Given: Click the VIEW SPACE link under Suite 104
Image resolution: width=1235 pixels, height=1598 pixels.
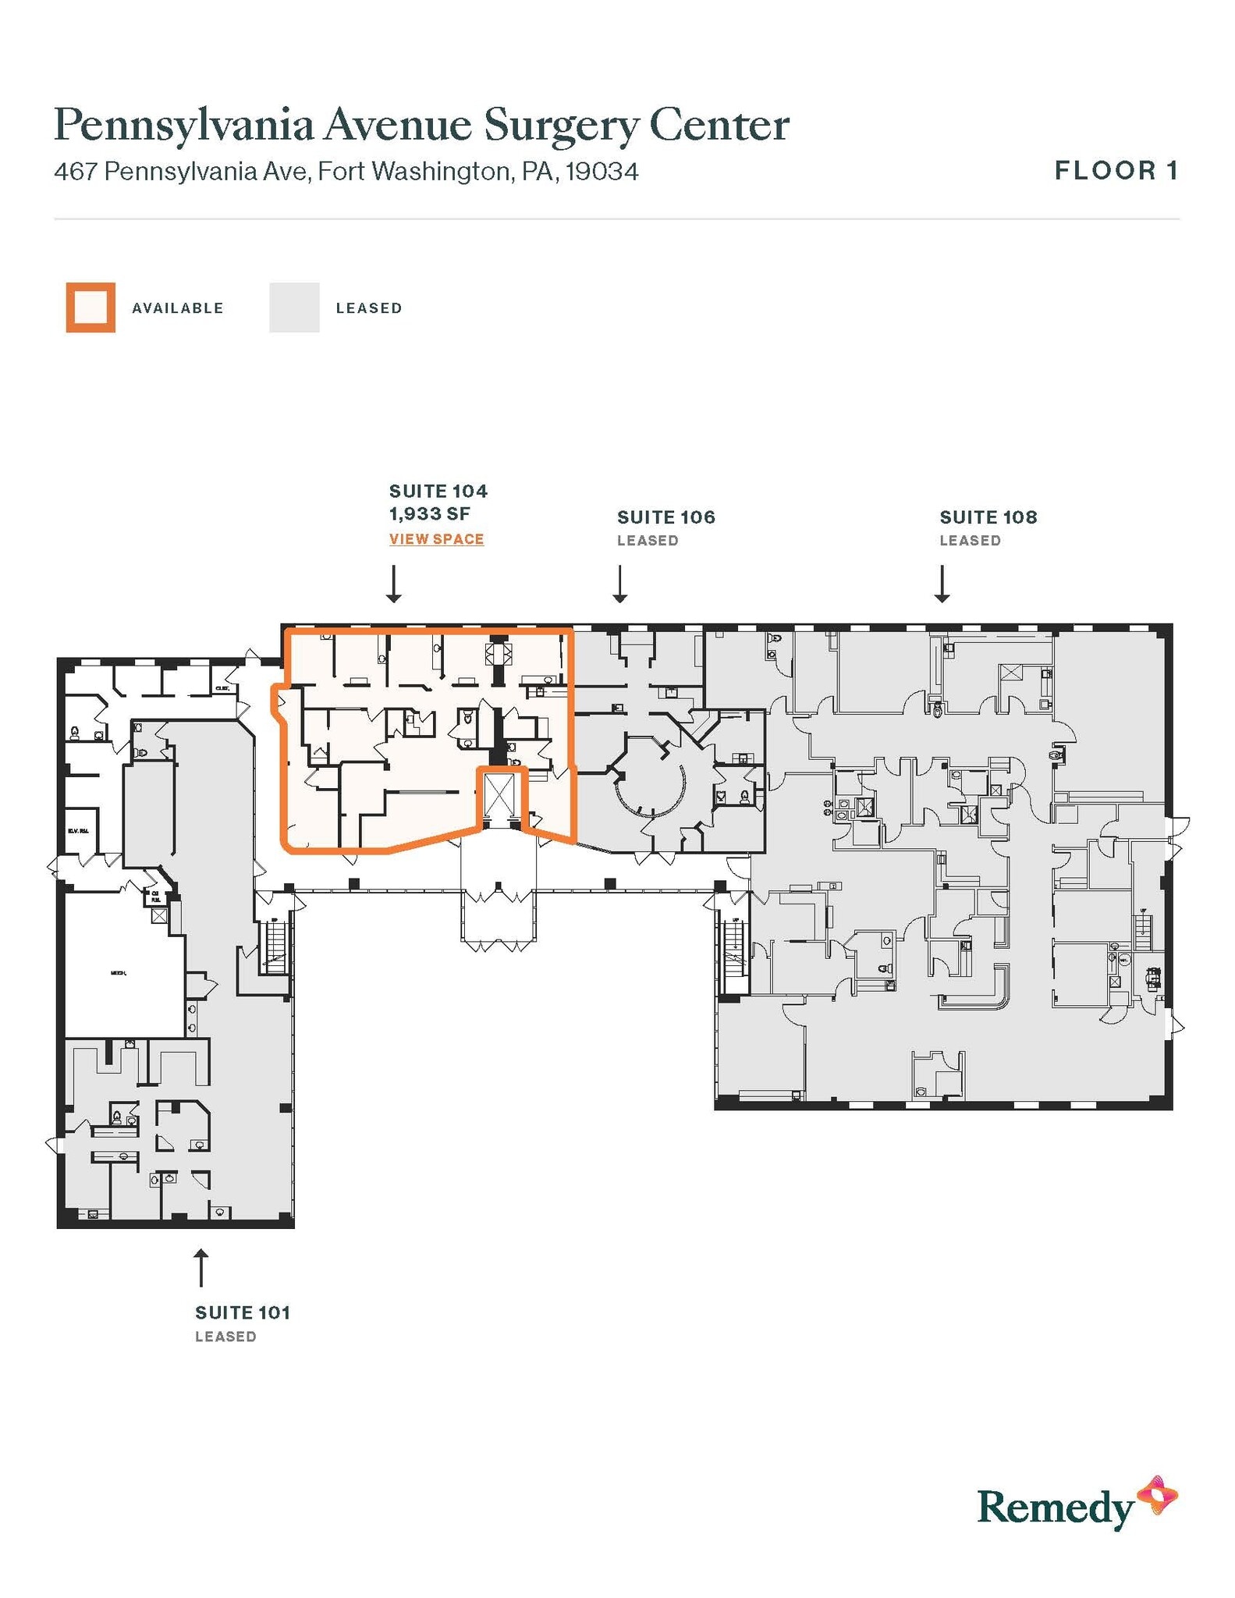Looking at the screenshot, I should [436, 539].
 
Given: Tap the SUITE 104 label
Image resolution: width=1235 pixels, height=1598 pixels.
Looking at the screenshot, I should [438, 491].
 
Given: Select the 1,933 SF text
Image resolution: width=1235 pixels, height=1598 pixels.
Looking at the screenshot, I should [429, 513].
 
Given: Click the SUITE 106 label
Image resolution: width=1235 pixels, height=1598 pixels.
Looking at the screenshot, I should [665, 517].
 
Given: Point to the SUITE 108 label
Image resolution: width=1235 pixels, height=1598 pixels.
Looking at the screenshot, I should [988, 517].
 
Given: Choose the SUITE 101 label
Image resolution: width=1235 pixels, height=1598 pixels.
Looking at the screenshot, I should [242, 1312].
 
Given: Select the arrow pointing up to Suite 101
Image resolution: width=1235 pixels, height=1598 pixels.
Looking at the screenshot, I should [201, 1267].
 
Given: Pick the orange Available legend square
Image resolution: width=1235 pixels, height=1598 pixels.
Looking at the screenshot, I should [90, 307].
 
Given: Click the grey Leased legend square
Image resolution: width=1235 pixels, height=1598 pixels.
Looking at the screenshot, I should [294, 307].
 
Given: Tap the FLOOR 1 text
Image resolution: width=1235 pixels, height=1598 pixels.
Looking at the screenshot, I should [1116, 171].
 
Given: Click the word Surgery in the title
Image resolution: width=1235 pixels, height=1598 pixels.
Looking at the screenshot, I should [560, 125].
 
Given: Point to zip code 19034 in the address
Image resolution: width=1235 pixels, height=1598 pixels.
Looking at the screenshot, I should [602, 172].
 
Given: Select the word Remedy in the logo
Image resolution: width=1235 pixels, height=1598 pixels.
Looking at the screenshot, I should [1054, 1508].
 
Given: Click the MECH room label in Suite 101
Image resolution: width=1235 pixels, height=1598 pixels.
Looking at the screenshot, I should [119, 973].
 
